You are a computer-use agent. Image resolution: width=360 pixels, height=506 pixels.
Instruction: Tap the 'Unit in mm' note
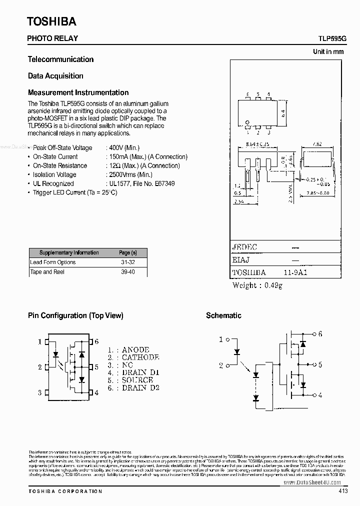point(328,51)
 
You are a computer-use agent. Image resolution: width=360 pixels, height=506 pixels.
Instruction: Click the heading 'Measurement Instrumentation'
point(78,92)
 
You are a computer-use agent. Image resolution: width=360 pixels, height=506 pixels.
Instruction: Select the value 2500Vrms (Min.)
point(129,174)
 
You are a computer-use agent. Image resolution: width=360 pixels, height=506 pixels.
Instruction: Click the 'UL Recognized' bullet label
point(53,183)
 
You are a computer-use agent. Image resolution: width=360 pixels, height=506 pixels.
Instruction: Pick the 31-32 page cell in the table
point(127,262)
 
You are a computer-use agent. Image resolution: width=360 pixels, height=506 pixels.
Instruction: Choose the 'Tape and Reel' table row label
point(47,271)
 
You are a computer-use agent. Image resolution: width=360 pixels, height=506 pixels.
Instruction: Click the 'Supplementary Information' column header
point(69,252)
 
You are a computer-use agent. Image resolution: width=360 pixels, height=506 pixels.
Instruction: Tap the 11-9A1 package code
point(295,273)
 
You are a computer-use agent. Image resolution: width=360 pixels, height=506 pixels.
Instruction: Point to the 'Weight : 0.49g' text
point(257,285)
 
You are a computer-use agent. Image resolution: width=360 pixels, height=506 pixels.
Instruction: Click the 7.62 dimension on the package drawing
point(316,144)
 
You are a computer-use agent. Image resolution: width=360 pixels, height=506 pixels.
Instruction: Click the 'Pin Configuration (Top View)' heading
point(75,315)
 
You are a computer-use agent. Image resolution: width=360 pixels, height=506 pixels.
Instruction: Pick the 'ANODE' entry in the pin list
point(135,350)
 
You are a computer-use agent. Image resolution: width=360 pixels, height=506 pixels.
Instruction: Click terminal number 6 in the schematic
point(320,333)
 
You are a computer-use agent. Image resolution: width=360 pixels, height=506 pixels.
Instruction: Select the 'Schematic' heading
point(223,315)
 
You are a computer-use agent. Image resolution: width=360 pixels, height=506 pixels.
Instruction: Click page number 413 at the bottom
point(343,491)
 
